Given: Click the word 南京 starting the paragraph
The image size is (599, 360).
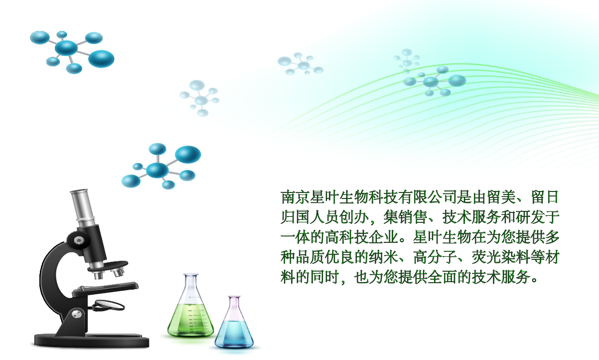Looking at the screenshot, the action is pos(295,197).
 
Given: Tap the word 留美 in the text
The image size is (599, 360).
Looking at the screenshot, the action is pos(501,197).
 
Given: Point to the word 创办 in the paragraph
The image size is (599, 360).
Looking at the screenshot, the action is pos(354,217).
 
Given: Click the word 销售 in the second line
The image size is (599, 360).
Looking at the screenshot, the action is pos(413,217).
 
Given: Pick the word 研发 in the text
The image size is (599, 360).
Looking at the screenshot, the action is pos(530,217).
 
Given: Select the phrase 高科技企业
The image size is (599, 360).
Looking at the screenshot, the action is pos(361,237).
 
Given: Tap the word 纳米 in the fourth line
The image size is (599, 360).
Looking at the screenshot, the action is pos(383,257).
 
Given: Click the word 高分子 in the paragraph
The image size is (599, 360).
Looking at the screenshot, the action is pos(435,257).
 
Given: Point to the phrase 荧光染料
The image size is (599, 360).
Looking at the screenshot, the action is pos(501,257).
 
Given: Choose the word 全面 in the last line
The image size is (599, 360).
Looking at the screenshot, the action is pos(442,277).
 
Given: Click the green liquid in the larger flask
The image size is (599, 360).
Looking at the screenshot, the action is pos(191,321).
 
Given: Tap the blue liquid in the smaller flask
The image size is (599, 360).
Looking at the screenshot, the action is pos(234,334).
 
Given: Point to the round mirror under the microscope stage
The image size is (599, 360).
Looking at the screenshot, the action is pos(109,305).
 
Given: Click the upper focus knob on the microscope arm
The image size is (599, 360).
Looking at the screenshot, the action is pos(79,240).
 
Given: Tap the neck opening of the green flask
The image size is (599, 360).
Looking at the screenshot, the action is pos(191,275).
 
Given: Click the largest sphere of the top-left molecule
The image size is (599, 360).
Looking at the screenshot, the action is pos(101,59).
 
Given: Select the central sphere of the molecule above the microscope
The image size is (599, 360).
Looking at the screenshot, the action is pos(157,170).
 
